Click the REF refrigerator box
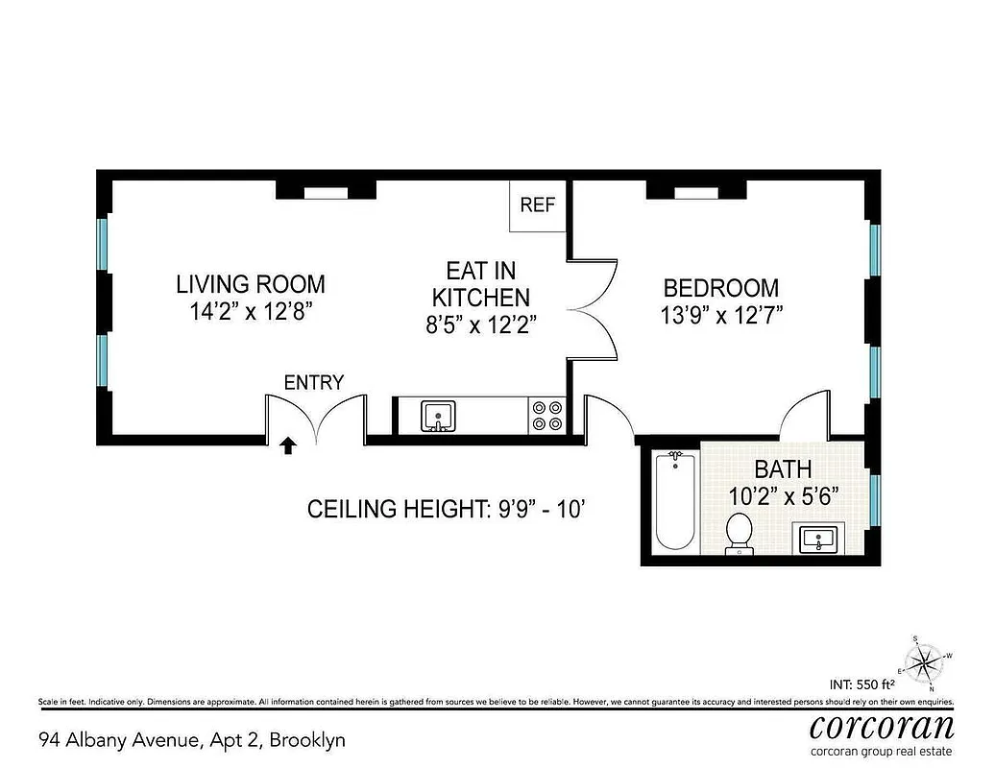(x=538, y=205)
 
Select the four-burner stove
(x=547, y=416)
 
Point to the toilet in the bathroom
(x=739, y=533)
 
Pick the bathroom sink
(x=819, y=540)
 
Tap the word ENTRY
(x=313, y=382)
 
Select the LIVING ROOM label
(x=250, y=284)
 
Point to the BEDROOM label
(x=720, y=287)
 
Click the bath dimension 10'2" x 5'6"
(x=783, y=496)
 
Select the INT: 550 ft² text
(x=862, y=684)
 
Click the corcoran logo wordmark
(x=882, y=726)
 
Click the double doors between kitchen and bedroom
(x=594, y=309)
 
